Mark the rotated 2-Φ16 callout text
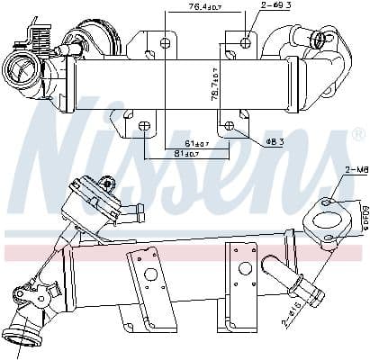point(289,311)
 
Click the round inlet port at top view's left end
point(20,68)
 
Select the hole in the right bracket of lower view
point(242,266)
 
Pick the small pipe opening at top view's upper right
point(317,38)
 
